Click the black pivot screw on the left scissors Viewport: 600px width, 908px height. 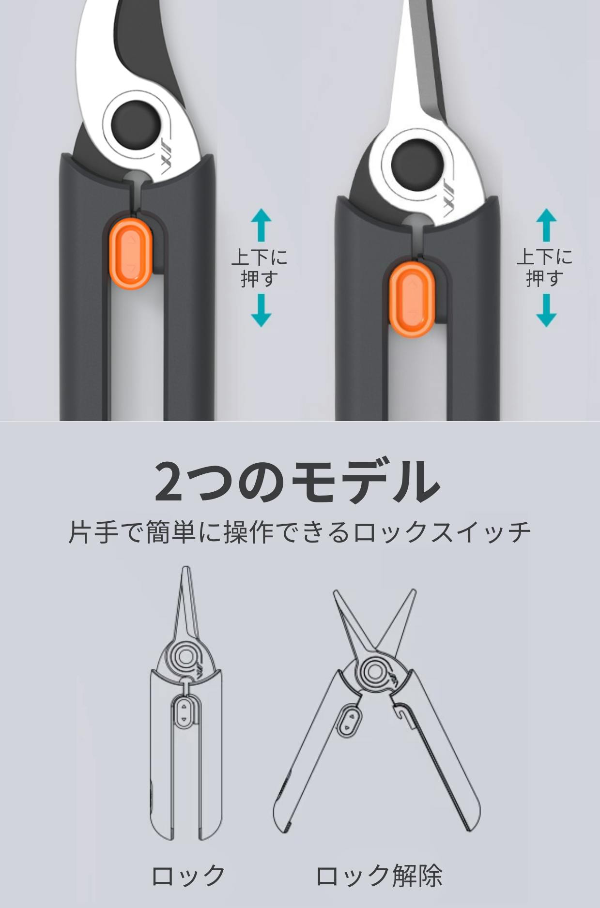[x=136, y=122]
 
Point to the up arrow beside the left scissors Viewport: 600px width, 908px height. [x=261, y=225]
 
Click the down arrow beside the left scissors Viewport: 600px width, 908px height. [x=261, y=311]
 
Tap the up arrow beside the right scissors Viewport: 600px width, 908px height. [x=546, y=225]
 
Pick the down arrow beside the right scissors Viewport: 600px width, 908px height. [x=546, y=311]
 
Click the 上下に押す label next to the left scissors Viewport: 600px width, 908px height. [x=260, y=268]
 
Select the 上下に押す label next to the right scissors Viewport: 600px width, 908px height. [x=545, y=268]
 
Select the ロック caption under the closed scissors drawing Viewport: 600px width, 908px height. [x=188, y=876]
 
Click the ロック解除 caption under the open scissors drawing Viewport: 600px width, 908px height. [x=379, y=876]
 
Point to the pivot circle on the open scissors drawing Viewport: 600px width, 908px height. [x=373, y=672]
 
